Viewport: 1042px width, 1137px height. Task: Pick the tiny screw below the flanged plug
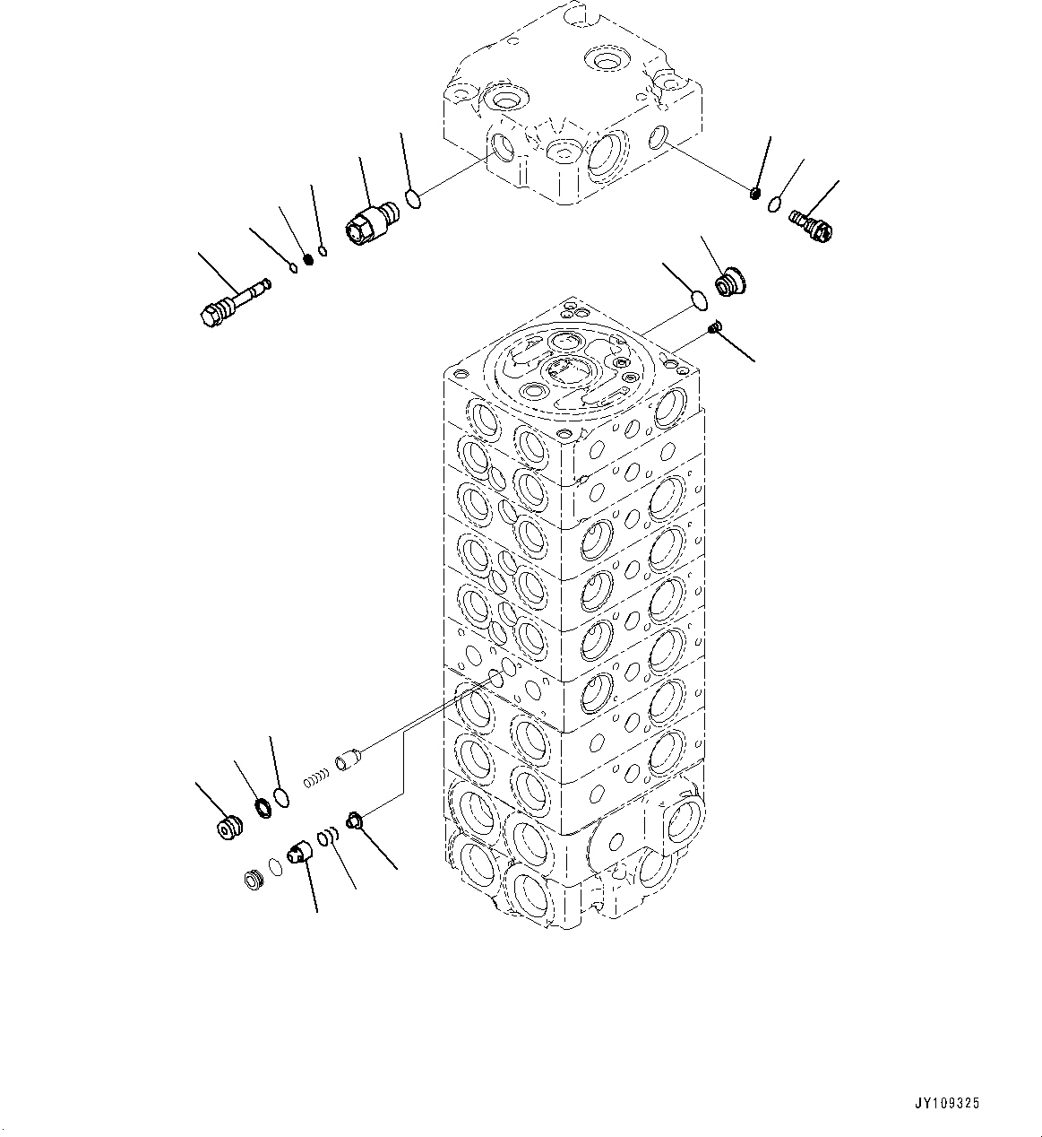click(715, 329)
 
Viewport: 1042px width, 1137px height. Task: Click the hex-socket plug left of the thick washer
click(229, 828)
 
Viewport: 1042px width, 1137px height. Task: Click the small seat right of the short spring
click(355, 819)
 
